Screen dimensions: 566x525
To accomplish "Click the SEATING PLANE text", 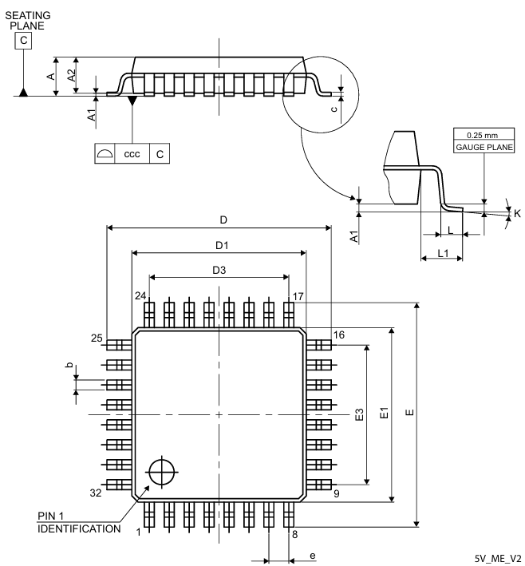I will point(27,19).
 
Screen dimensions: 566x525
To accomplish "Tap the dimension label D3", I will point(219,271).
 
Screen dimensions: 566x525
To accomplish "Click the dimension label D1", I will point(220,245).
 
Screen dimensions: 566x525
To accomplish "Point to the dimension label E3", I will point(359,414).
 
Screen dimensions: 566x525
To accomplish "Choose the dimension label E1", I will point(384,414).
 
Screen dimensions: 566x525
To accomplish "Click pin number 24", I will point(140,295).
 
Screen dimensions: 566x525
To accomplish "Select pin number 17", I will point(298,295).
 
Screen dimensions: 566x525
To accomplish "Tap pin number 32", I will point(96,493).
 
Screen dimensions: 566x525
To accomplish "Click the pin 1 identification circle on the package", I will point(161,471).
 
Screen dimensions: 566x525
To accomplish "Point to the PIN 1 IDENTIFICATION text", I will point(78,522).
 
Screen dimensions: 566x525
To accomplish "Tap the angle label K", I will point(516,213).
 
